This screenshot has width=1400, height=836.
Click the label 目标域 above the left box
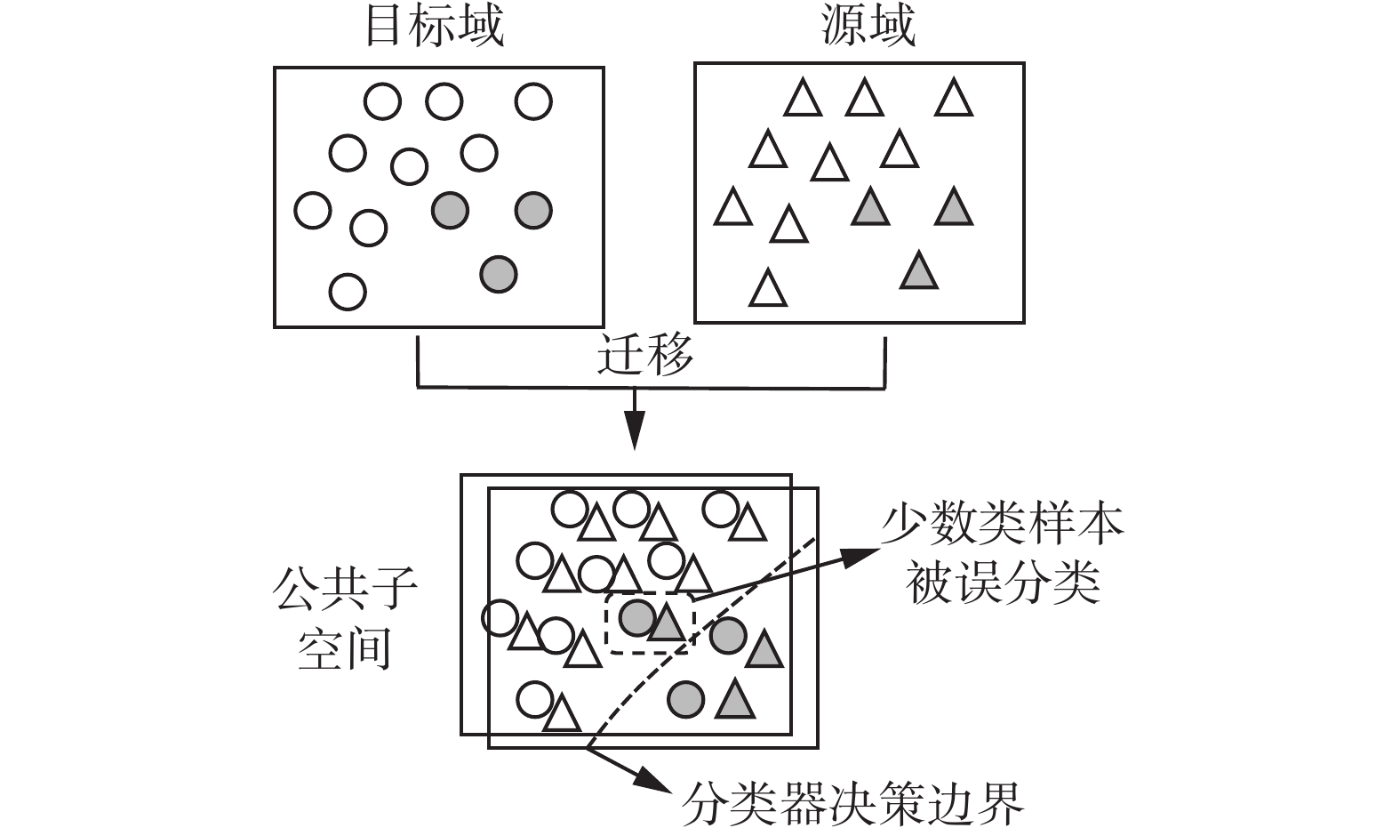pos(435,26)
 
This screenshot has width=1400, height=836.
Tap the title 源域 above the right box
pos(868,26)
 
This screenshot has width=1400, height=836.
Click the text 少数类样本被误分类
pos(1003,555)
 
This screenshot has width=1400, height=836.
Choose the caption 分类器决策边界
pos(852,803)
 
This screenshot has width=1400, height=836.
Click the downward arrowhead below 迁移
pos(633,437)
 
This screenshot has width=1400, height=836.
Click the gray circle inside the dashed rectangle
pos(637,616)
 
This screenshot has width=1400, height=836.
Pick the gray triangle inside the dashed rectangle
pos(667,622)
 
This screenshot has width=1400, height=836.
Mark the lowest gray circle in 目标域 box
pos(498,273)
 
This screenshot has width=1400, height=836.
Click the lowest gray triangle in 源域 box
pos(918,271)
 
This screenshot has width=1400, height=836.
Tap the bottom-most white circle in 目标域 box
pos(348,291)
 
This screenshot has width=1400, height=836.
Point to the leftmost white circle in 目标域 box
pos(312,211)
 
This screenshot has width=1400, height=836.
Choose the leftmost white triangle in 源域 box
pos(733,207)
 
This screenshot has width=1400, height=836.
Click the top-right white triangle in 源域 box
pos(954,99)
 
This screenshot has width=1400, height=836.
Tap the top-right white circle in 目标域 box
pos(533,101)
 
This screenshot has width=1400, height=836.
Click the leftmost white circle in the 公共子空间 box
pos(500,617)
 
